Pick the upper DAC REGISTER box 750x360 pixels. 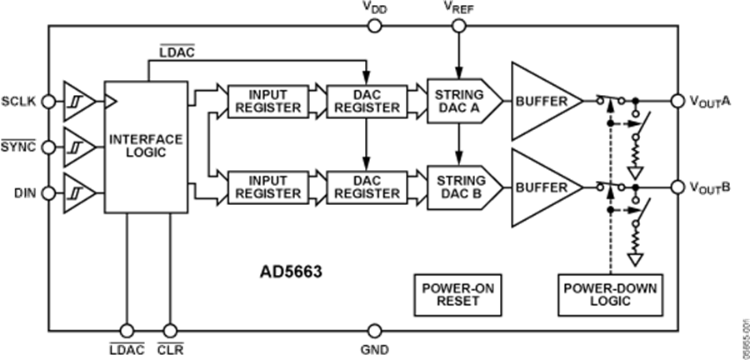pyautogui.click(x=363, y=101)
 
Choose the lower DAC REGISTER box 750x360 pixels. pyautogui.click(x=363, y=186)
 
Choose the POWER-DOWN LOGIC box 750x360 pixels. pyautogui.click(x=610, y=294)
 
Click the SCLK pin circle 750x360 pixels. pyautogui.click(x=50, y=102)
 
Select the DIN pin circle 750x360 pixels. pyautogui.click(x=50, y=194)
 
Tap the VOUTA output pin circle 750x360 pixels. pyautogui.click(x=677, y=101)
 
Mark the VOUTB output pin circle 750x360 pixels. pyautogui.click(x=677, y=186)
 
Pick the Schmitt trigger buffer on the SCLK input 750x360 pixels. pyautogui.click(x=77, y=102)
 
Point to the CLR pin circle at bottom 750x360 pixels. pyautogui.click(x=171, y=331)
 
